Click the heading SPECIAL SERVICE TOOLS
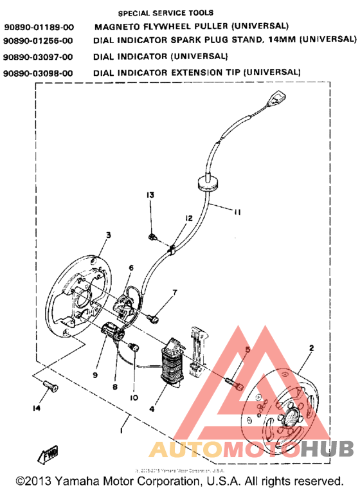click(166, 12)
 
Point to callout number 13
click(150, 195)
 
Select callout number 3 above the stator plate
click(108, 235)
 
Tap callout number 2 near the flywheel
click(311, 349)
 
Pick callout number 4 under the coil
click(152, 407)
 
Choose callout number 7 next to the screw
click(174, 293)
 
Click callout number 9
click(94, 376)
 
